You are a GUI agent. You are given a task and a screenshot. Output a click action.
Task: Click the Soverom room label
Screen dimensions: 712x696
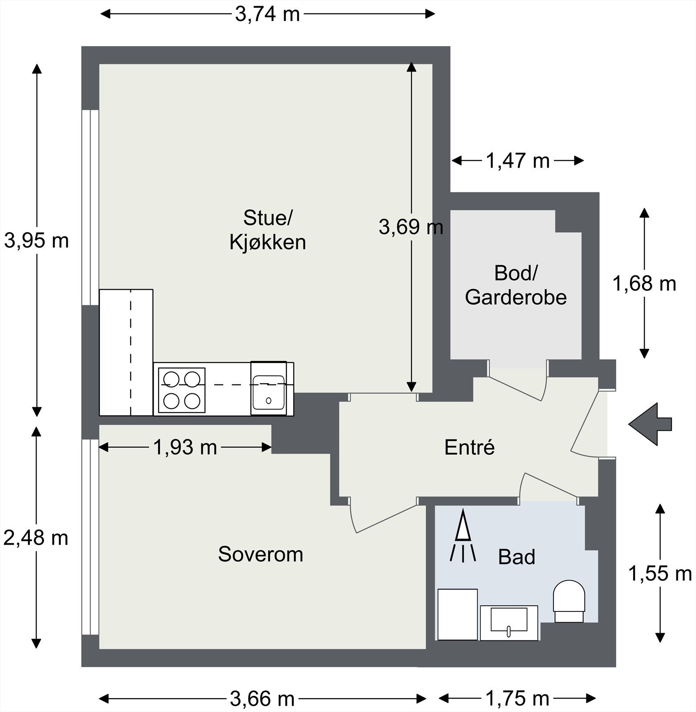[x=261, y=554]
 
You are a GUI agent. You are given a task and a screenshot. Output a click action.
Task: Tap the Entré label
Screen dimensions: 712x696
[x=470, y=447]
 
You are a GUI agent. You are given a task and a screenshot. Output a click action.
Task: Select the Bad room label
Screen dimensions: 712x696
[x=516, y=557]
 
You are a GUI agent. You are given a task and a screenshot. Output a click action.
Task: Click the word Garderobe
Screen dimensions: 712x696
[x=516, y=297]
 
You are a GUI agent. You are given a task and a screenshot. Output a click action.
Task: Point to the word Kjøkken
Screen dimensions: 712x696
[x=267, y=243]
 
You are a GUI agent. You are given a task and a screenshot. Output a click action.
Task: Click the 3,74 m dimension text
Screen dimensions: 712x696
[x=267, y=15]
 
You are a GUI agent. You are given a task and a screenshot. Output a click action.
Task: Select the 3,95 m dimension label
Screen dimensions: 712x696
[x=37, y=241]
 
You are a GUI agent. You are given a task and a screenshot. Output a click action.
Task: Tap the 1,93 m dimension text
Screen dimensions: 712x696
[x=185, y=447]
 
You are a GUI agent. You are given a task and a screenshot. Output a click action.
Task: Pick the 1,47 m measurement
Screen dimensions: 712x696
[x=517, y=161]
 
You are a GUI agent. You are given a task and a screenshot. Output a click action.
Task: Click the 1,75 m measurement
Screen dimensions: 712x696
[x=517, y=699]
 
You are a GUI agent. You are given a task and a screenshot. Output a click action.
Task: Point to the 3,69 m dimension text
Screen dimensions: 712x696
[x=411, y=227]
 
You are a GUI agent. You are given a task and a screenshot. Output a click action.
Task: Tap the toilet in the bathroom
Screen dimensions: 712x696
[x=569, y=601]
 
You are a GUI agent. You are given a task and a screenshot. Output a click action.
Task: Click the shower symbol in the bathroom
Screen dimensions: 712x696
[x=463, y=536]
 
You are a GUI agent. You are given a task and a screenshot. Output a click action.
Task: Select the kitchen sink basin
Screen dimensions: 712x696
[x=268, y=392]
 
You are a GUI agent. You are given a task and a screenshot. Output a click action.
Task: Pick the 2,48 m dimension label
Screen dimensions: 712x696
[x=36, y=538]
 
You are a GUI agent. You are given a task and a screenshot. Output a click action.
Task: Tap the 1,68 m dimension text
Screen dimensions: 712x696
[x=644, y=283]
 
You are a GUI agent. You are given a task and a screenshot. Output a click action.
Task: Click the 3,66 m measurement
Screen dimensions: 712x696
[x=262, y=699]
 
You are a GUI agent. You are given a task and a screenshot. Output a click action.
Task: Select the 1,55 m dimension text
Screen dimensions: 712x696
[x=659, y=574]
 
